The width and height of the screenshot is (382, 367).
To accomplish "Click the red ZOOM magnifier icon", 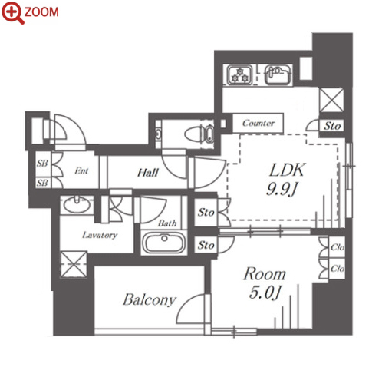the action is [13, 12].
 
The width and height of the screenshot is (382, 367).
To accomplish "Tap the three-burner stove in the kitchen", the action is [239, 74].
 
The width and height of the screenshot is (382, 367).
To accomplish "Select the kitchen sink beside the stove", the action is [278, 74].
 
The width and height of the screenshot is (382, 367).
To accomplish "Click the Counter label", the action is [259, 123].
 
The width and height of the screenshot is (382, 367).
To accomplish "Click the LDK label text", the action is [288, 170].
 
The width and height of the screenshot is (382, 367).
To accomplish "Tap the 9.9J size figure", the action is [282, 189].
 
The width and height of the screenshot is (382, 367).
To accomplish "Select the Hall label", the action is [148, 173].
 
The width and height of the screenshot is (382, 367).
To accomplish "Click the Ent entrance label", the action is [81, 170].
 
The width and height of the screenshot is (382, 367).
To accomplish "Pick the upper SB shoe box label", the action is [42, 163].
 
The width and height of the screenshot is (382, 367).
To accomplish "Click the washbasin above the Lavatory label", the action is [77, 204].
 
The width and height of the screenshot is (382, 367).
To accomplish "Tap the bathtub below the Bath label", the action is [163, 243].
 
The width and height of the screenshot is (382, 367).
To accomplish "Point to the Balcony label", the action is [150, 299].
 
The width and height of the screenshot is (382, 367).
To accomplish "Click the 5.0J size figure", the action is [265, 293].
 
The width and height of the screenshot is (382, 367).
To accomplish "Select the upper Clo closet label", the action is [338, 247].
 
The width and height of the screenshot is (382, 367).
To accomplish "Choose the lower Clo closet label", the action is [338, 269].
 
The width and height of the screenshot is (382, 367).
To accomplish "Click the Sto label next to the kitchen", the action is [332, 126].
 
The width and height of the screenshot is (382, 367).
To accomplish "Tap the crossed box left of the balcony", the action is [74, 264].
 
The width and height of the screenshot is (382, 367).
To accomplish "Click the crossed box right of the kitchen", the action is [331, 100].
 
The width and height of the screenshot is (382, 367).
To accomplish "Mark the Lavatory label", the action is [100, 235].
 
